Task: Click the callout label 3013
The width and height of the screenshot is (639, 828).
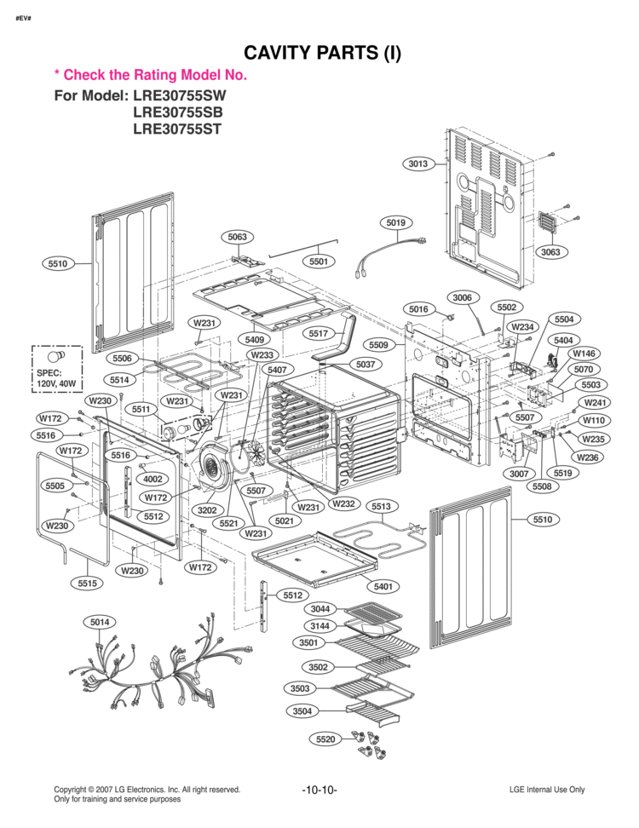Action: pyautogui.click(x=417, y=164)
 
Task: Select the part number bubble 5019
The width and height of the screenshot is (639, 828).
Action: pyautogui.click(x=395, y=223)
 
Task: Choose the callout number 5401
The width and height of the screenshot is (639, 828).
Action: pyautogui.click(x=385, y=587)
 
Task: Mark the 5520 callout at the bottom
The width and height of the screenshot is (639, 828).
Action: pyautogui.click(x=325, y=739)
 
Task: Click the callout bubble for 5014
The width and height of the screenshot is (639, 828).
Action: pyautogui.click(x=101, y=623)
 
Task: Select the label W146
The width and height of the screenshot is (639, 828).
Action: pyautogui.click(x=584, y=354)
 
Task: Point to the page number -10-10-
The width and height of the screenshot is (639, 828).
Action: pyautogui.click(x=319, y=790)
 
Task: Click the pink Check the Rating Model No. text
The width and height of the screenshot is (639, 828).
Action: pyautogui.click(x=150, y=75)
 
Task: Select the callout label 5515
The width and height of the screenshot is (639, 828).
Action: pyautogui.click(x=86, y=584)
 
